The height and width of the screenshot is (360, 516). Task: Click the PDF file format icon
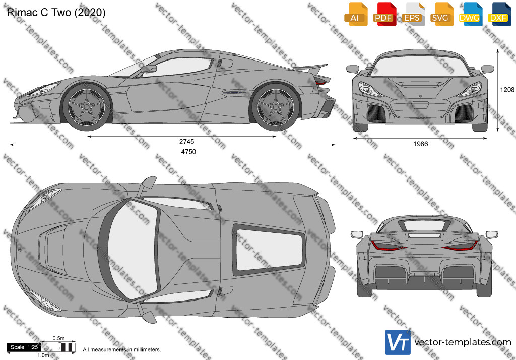384,14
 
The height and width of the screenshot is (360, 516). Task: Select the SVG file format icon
442,14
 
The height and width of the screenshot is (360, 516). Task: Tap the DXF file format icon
499,14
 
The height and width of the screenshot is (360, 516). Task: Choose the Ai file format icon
356,14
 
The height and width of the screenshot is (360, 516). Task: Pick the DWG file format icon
471,14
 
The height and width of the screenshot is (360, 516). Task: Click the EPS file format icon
413,14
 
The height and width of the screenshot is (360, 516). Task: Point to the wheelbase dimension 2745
186,142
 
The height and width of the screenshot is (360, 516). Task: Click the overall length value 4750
188,152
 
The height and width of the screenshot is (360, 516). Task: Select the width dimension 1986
421,144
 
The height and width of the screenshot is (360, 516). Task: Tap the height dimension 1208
507,90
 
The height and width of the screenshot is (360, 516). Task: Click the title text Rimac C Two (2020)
56,13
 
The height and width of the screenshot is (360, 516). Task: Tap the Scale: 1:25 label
24,347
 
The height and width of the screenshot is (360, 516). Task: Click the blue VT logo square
398,342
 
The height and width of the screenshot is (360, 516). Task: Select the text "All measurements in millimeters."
122,350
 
